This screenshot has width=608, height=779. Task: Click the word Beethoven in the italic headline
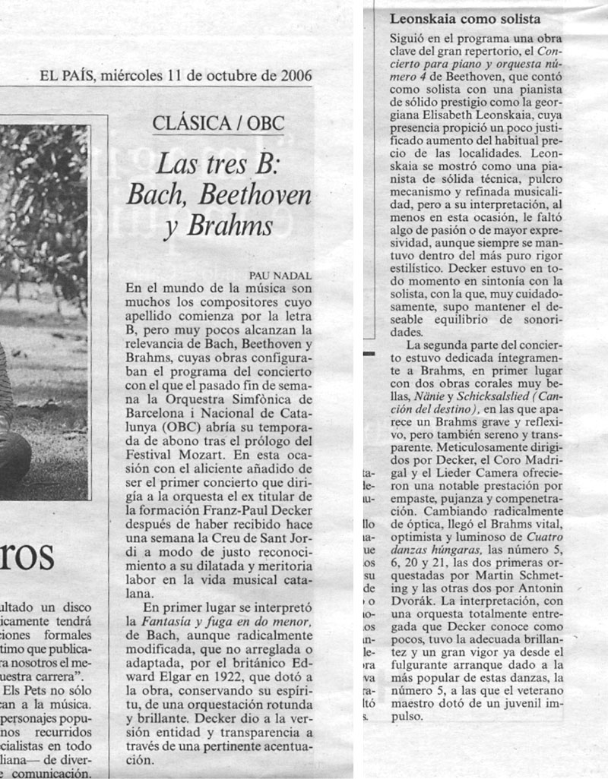point(255,194)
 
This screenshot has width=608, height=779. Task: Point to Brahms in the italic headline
point(230,225)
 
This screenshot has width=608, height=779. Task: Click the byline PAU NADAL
point(280,276)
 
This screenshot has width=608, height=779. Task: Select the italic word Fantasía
point(152,621)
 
